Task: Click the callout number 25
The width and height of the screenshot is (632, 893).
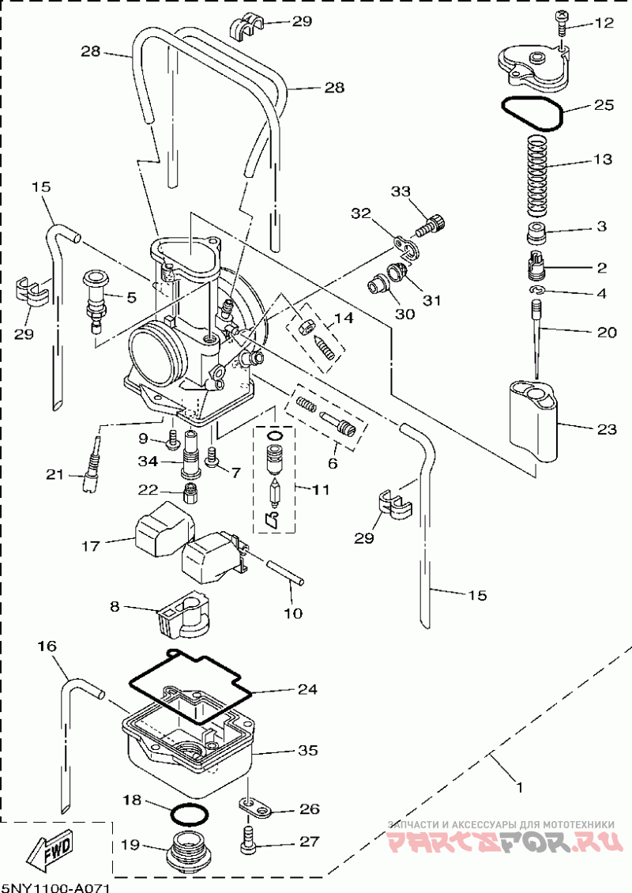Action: click(604, 105)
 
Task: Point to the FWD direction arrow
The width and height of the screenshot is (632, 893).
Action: click(48, 850)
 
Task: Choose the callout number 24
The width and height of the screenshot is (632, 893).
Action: click(307, 689)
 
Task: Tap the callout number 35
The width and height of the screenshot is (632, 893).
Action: click(307, 750)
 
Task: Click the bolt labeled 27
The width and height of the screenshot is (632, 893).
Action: click(250, 838)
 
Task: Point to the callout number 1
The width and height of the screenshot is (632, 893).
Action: click(519, 787)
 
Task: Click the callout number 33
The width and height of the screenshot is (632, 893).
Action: click(401, 191)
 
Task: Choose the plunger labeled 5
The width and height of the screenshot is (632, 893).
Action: click(97, 299)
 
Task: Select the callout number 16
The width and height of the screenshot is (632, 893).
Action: click(47, 646)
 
